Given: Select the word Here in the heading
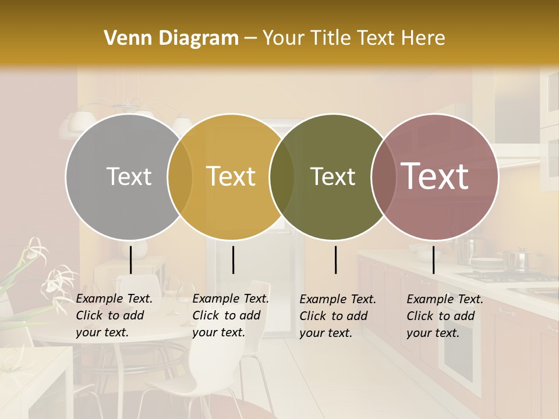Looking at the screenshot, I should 424,38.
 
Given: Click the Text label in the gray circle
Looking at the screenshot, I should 129,176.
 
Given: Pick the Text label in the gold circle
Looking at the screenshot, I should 231,176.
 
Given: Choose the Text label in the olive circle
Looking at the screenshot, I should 332,176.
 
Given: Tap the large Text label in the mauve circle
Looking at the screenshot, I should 434,176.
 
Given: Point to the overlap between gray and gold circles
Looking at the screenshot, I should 180,176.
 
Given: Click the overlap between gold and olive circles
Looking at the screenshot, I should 282,176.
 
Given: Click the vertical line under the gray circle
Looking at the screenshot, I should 130,260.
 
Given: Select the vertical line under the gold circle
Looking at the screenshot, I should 233,260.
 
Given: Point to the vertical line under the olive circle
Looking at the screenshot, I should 336,260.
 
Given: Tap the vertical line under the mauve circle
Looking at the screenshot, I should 433,260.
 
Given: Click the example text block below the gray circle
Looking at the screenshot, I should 114,315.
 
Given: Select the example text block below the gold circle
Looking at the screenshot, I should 231,315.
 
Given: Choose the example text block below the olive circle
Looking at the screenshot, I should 338,316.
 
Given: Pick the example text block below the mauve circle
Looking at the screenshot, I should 445,316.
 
